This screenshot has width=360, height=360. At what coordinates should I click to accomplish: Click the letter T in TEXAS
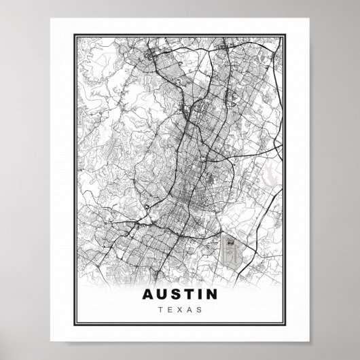coord(161,310)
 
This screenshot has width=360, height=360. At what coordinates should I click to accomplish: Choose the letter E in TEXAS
coord(170,310)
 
